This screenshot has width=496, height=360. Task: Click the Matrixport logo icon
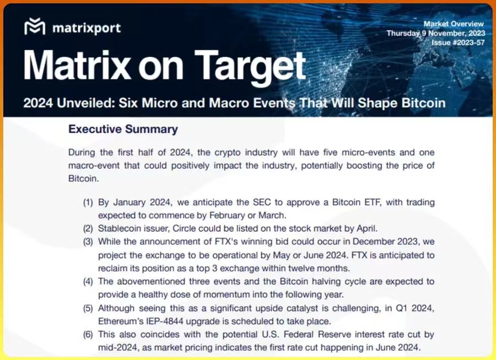[35, 26]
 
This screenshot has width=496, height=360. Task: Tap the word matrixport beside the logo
[87, 28]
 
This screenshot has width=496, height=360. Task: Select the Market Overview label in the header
[454, 24]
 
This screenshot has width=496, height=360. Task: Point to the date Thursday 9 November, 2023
[435, 33]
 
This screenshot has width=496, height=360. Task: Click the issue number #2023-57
[468, 42]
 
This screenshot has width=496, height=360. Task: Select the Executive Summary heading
[123, 129]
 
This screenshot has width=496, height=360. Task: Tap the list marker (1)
[88, 202]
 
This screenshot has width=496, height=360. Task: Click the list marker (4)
[88, 282]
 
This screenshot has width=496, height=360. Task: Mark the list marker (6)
[88, 335]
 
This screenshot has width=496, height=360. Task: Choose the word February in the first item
[227, 216]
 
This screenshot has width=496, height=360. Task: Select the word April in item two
[367, 229]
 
